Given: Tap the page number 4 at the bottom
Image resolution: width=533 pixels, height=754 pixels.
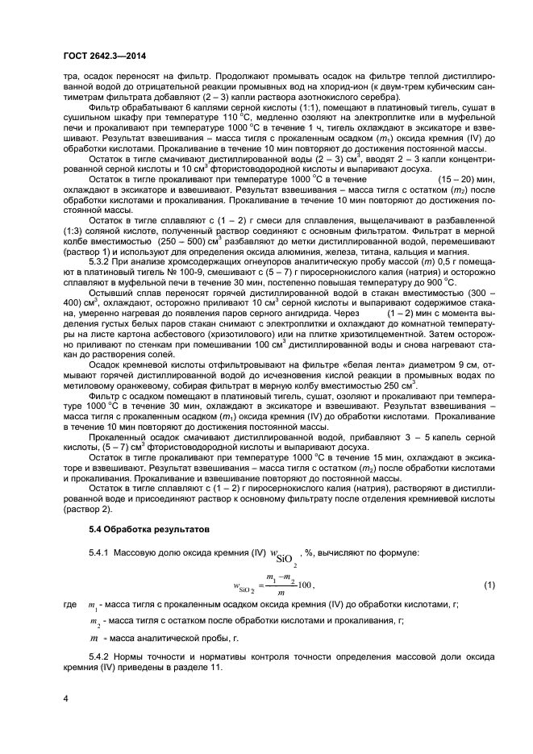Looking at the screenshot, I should (66, 698).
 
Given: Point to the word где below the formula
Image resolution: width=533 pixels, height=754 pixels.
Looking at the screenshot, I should (69, 605).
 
